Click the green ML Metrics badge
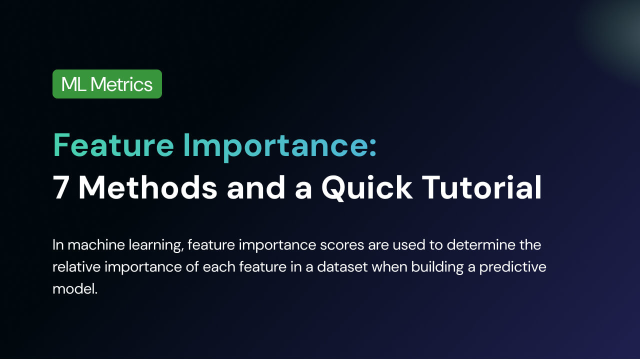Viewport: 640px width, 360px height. click(x=107, y=84)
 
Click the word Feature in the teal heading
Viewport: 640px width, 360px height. click(x=113, y=145)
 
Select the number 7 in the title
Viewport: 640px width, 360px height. click(x=60, y=187)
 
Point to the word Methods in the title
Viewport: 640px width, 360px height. click(x=147, y=187)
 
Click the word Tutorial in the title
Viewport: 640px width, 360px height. click(x=481, y=187)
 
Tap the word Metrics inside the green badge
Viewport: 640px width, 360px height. click(x=121, y=84)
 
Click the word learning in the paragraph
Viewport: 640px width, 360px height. click(x=156, y=246)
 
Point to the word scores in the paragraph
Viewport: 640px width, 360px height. click(x=342, y=245)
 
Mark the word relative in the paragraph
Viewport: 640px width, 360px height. click(x=76, y=267)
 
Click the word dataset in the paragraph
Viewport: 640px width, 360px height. click(x=342, y=267)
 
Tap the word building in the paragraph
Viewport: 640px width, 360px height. click(x=437, y=268)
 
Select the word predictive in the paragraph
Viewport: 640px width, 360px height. click(x=513, y=268)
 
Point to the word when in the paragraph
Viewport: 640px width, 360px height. click(x=389, y=267)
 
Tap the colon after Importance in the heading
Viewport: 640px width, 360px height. click(x=372, y=148)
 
